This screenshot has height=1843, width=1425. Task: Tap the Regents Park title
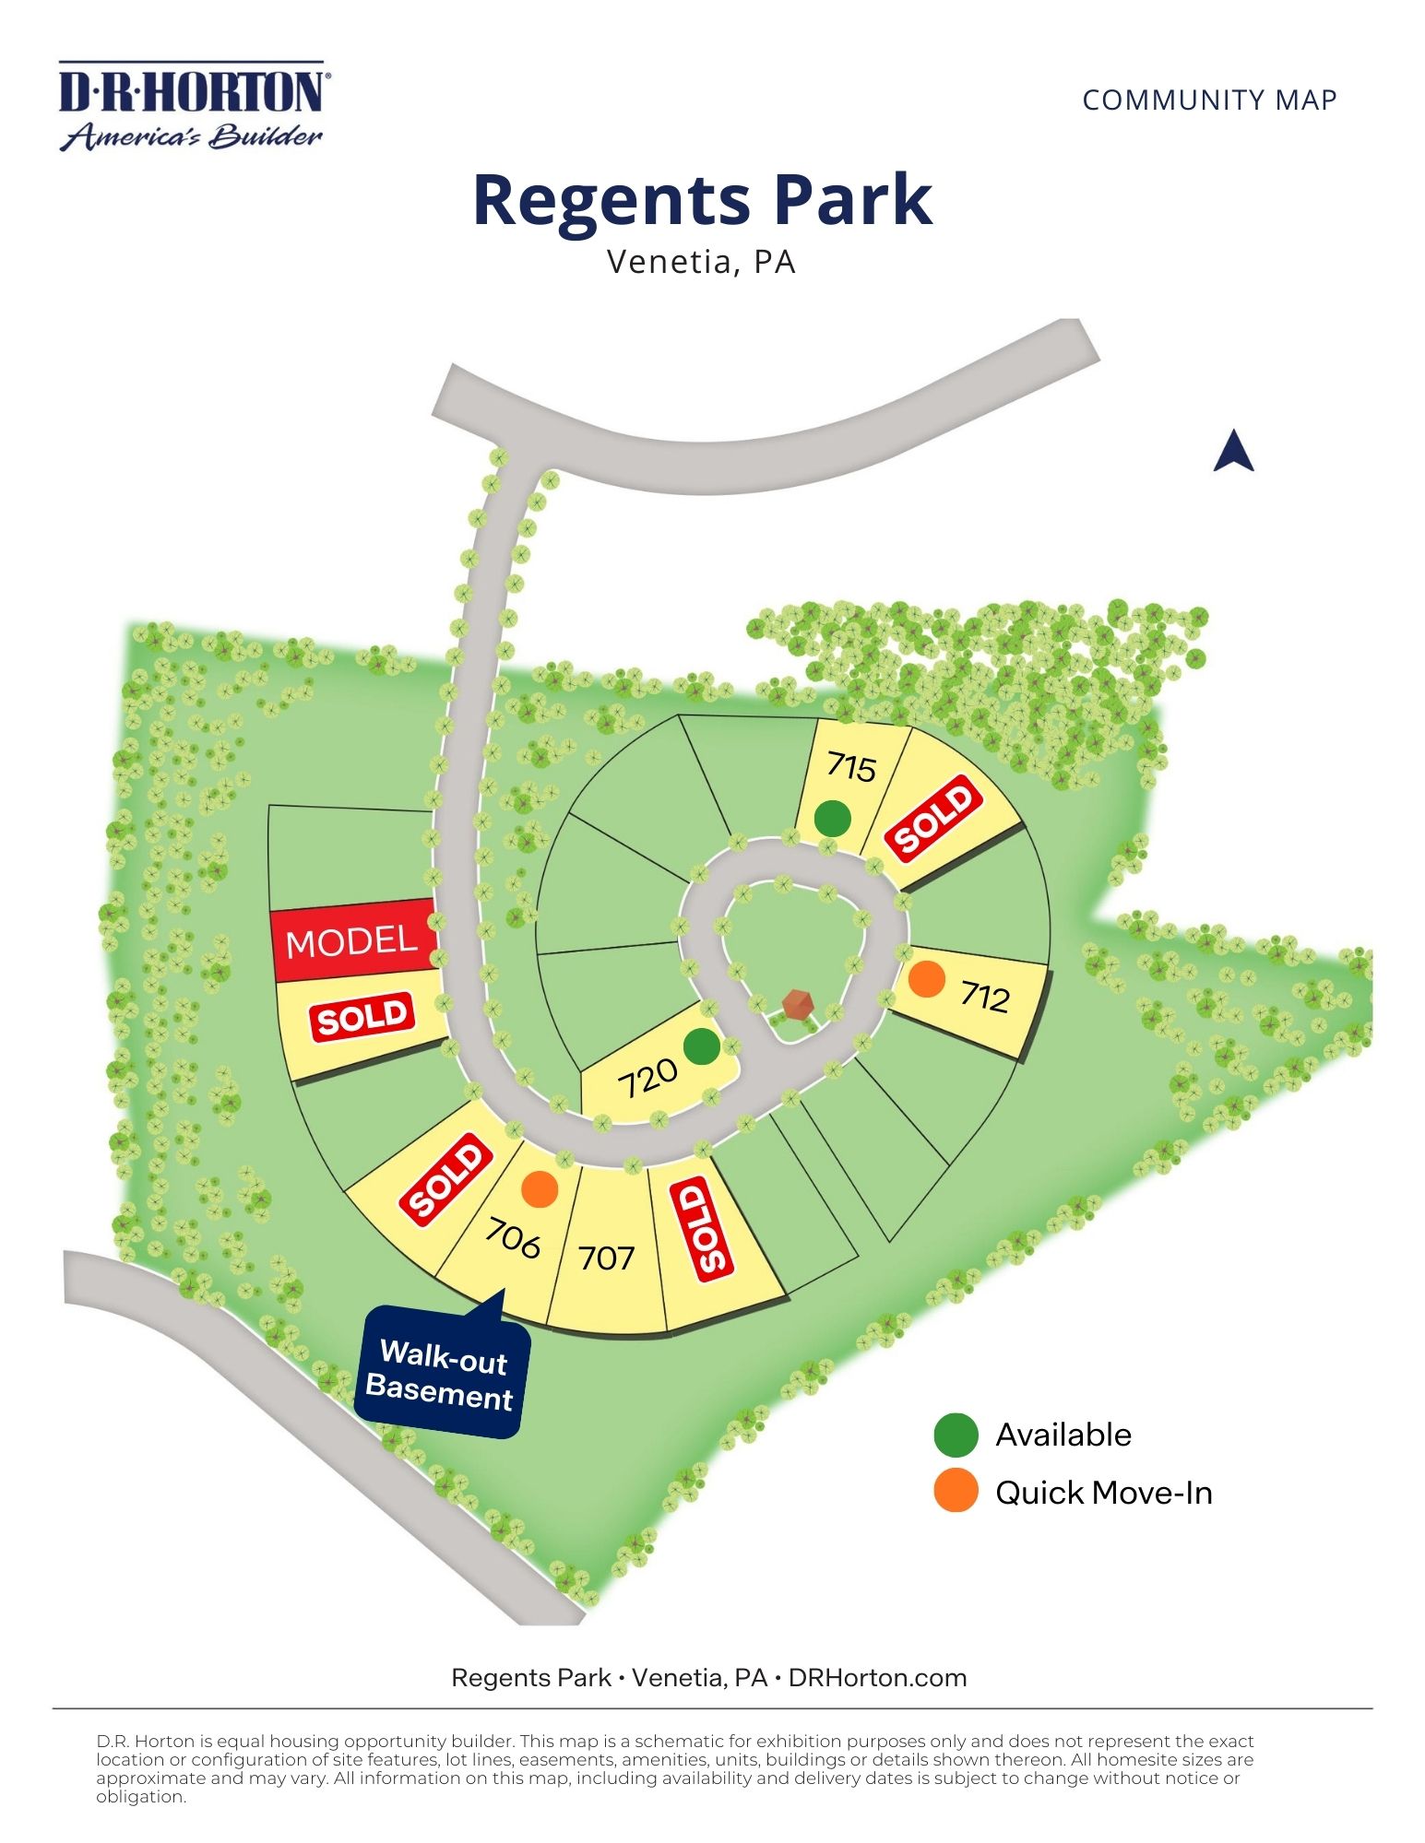pyautogui.click(x=702, y=200)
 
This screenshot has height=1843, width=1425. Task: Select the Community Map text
pyautogui.click(x=1209, y=100)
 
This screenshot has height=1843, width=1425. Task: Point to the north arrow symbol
pyautogui.click(x=1233, y=452)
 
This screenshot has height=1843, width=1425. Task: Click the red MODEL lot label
pyautogui.click(x=351, y=941)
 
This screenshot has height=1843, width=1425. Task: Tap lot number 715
pyautogui.click(x=850, y=766)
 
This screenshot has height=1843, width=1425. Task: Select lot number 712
pyautogui.click(x=984, y=997)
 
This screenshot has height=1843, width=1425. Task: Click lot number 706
pyautogui.click(x=513, y=1238)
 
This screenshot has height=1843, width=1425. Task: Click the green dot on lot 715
pyautogui.click(x=832, y=818)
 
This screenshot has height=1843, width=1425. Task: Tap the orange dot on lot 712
pyautogui.click(x=926, y=979)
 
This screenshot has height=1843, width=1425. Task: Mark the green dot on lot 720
pyautogui.click(x=701, y=1046)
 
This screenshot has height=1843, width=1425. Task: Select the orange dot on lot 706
pyautogui.click(x=540, y=1189)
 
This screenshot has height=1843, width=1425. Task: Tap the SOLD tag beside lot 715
pyautogui.click(x=933, y=816)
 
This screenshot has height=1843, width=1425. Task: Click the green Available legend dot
pyautogui.click(x=956, y=1435)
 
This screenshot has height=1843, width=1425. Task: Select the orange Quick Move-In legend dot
pyautogui.click(x=956, y=1492)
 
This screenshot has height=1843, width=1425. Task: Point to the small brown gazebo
pyautogui.click(x=797, y=1004)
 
